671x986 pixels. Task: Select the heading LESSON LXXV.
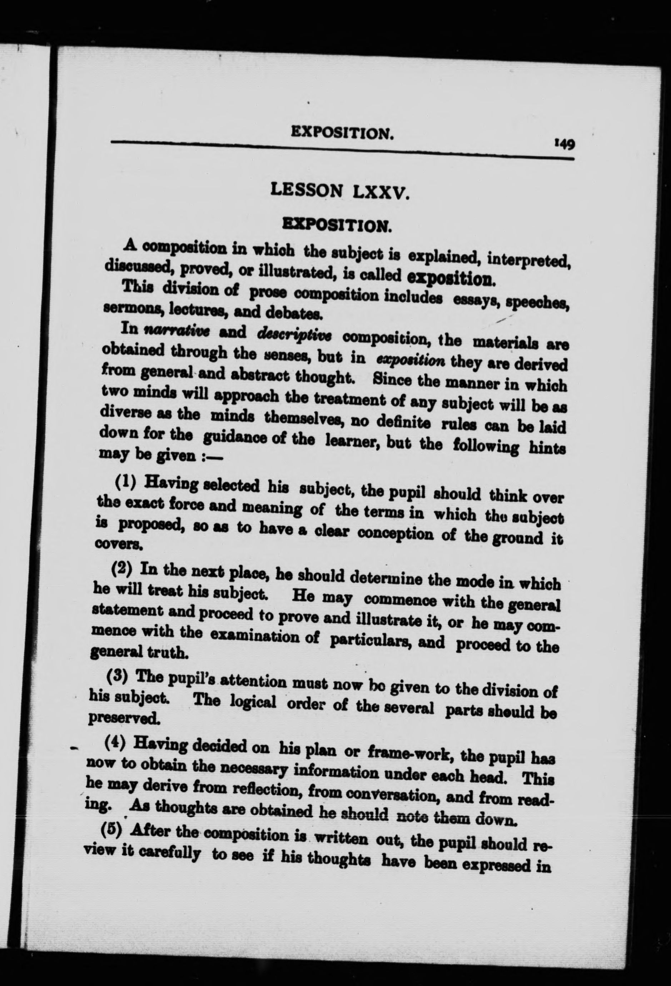pyautogui.click(x=339, y=191)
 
